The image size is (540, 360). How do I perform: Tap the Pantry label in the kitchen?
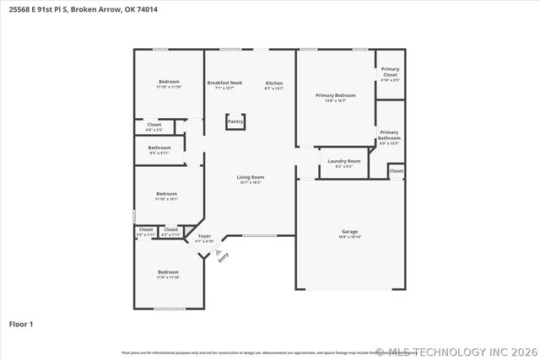(x=235, y=121)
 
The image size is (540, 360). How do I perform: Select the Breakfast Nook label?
(x=224, y=83)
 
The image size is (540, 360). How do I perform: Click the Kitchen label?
(x=274, y=83)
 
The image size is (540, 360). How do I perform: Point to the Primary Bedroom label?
(x=336, y=96)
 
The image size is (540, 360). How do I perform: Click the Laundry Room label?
(x=343, y=161)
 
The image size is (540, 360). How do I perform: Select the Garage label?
(x=349, y=233)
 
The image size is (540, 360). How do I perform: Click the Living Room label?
(x=251, y=178)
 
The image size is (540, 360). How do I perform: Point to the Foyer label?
(x=204, y=237)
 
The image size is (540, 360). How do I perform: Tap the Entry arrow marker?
(x=219, y=252)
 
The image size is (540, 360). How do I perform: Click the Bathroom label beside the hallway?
(x=159, y=148)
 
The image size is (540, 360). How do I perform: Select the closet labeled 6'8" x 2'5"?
(x=154, y=126)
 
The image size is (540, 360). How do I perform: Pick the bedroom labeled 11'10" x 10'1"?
(x=165, y=196)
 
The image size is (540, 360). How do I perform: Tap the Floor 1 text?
(x=21, y=324)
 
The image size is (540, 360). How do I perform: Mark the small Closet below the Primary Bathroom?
(x=397, y=171)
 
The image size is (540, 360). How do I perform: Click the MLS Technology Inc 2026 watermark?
(x=456, y=352)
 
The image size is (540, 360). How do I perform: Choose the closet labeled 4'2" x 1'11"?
(x=171, y=231)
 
